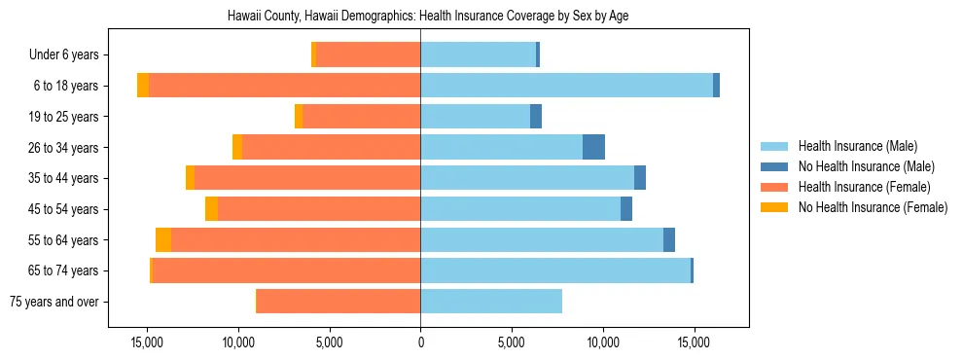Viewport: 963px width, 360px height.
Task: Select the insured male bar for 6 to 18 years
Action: [566, 86]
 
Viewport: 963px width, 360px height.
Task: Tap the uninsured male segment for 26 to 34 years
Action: [593, 147]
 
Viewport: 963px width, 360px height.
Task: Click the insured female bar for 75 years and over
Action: [339, 302]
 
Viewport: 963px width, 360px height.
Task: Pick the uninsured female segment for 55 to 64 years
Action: [163, 240]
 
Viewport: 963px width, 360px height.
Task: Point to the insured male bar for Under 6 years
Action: [478, 54]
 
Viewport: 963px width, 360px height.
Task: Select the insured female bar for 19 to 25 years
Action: [361, 117]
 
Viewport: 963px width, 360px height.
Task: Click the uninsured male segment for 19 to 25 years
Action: [536, 117]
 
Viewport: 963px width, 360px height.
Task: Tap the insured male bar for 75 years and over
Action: [491, 302]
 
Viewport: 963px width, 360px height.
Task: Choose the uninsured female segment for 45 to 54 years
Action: [211, 209]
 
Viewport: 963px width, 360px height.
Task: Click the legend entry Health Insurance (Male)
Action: [857, 146]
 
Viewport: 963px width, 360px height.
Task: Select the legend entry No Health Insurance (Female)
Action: [873, 207]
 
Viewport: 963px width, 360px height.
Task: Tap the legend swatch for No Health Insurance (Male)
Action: [775, 166]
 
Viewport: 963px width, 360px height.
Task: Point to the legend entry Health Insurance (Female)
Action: [864, 187]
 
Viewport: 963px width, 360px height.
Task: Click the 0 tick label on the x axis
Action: [420, 342]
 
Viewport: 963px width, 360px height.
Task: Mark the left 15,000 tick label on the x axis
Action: [147, 342]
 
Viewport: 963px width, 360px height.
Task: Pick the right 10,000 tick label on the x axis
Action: [602, 342]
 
